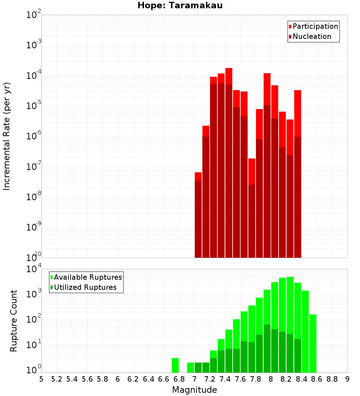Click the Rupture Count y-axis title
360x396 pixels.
(x=14, y=321)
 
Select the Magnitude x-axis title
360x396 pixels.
(x=194, y=390)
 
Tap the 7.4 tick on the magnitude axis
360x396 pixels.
(x=225, y=379)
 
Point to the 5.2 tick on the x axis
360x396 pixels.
(x=57, y=379)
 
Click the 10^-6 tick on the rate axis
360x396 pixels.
(x=34, y=136)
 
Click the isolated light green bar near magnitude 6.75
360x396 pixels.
(x=175, y=365)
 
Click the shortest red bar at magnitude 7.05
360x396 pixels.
(x=198, y=176)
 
